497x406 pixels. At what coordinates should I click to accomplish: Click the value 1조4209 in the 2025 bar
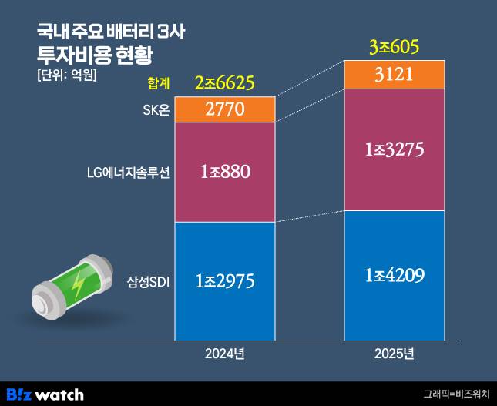(x=395, y=275)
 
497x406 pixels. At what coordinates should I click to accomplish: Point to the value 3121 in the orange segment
(x=395, y=75)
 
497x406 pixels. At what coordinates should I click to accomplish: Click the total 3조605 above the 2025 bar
(x=394, y=48)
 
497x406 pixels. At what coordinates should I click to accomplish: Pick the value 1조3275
(x=395, y=149)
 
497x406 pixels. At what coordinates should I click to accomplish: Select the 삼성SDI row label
(x=147, y=282)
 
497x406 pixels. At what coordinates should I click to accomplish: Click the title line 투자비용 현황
(x=95, y=54)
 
